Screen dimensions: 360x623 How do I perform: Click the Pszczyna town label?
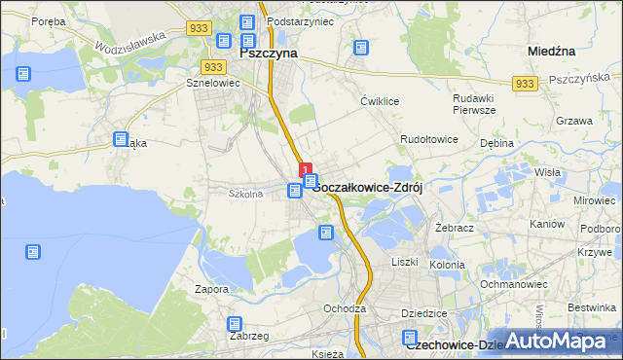(x=268, y=54)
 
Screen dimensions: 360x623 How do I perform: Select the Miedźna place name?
(x=553, y=50)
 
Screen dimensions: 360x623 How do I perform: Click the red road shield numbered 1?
(x=306, y=169)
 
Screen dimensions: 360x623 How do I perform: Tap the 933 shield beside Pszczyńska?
(x=526, y=85)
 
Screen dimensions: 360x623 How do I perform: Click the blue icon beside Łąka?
(x=121, y=140)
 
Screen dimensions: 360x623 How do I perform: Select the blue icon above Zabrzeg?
(x=235, y=324)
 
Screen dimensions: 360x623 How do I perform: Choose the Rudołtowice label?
(x=429, y=140)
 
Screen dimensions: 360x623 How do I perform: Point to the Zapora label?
(x=211, y=289)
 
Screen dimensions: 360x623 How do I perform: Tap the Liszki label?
(x=404, y=262)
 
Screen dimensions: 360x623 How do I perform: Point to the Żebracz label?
(x=454, y=226)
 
